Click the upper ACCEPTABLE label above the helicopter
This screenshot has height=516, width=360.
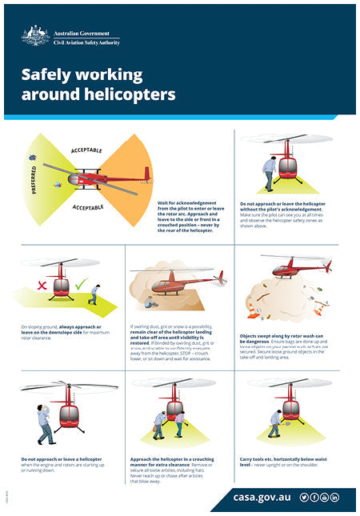pos(86,150)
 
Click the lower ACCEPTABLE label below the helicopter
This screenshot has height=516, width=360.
pos(86,207)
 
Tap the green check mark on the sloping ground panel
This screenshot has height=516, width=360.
pos(80,284)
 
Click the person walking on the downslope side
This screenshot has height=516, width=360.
pos(94,294)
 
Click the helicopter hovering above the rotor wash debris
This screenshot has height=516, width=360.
pos(299,267)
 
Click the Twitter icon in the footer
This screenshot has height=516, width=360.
pos(304,498)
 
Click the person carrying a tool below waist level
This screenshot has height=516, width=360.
pos(275,423)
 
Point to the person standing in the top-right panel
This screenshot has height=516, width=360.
pos(269,173)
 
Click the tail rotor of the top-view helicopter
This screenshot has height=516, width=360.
pos(147,174)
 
